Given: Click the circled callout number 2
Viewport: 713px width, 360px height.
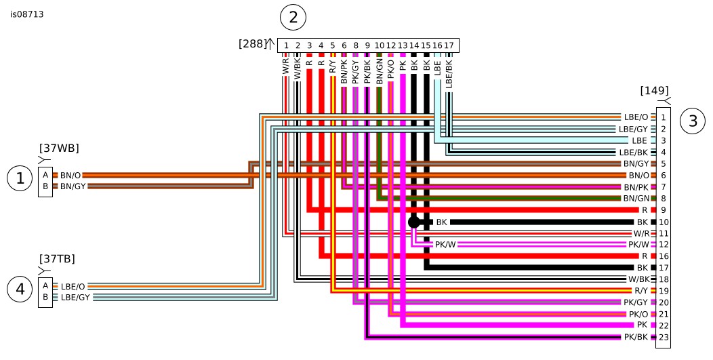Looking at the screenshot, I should point(293,18).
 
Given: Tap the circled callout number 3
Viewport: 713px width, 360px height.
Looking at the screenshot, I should point(693,121).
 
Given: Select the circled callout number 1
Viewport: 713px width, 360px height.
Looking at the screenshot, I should point(20,178).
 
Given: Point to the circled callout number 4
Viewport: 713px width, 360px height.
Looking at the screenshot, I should point(20,289).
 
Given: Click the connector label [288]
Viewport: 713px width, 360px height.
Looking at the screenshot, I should point(252,44).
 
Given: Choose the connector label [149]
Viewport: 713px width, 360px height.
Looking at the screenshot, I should point(654,90).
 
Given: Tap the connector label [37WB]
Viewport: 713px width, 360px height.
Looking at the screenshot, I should point(59,148).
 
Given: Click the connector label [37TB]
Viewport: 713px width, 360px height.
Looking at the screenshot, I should point(57,259).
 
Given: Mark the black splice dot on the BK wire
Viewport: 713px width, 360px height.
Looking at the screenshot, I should point(414,222).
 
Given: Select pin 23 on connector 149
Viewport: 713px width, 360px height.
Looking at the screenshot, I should point(663,337).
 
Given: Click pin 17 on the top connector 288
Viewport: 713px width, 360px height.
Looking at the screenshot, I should point(449,45).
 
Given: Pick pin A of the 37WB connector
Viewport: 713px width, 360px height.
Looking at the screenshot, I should point(45,175).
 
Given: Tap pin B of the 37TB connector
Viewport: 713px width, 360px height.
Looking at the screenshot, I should point(45,296).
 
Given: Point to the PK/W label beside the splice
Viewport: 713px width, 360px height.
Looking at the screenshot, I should point(445,245).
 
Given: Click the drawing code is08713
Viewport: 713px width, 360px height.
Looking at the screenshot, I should point(27,14).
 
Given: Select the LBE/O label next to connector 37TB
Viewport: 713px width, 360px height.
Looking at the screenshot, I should point(73,287).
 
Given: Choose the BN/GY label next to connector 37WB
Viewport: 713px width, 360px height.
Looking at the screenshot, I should point(73,186).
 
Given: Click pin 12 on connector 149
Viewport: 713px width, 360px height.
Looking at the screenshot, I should point(663,245).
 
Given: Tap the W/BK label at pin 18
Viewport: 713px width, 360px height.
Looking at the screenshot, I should point(638,279).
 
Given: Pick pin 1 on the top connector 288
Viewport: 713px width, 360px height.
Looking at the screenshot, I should point(286,45).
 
